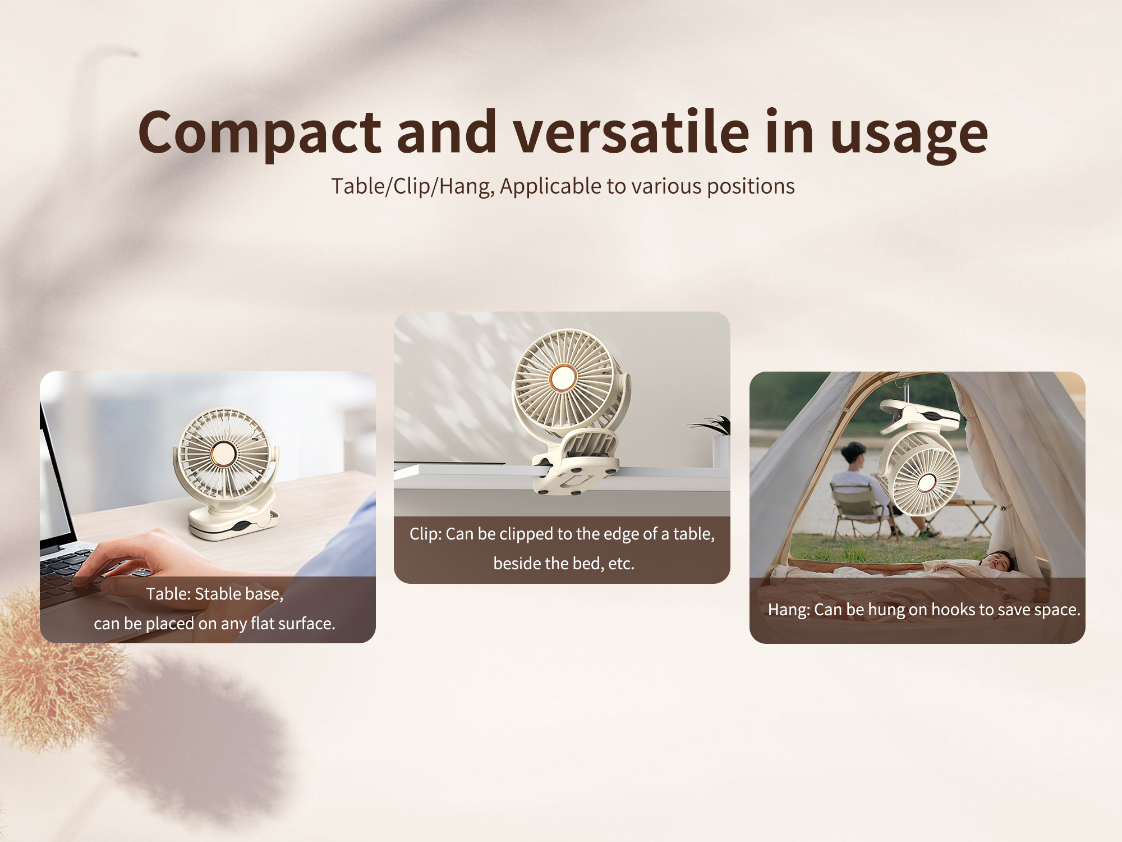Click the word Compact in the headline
pos(260,134)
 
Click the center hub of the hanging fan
pos(926,482)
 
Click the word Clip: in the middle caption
pos(426,534)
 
